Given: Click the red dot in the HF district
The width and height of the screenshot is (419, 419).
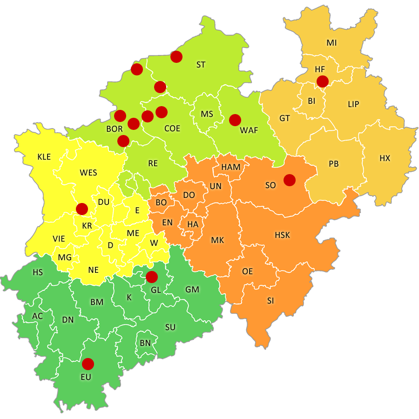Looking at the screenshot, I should (x=322, y=81).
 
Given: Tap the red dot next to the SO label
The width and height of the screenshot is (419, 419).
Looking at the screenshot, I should (x=290, y=180).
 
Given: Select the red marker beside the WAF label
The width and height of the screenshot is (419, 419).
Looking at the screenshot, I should (x=235, y=120).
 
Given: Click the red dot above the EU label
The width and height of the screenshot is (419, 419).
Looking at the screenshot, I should (x=88, y=364).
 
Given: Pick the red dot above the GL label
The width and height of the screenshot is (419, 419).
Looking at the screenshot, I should (x=151, y=277).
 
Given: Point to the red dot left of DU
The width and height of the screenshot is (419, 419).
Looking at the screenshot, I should (x=82, y=209).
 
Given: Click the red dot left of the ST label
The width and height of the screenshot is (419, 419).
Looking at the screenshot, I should (x=176, y=57).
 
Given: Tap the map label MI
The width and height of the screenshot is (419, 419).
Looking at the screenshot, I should (x=331, y=43).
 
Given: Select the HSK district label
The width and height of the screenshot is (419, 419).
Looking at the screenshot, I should (x=282, y=235).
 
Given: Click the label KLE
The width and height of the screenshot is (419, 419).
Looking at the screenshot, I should (x=44, y=157).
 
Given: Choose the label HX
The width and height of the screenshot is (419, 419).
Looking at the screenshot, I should (x=385, y=158).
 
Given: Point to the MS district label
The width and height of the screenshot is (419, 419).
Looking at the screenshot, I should (x=207, y=114).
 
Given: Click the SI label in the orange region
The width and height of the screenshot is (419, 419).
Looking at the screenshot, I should (x=270, y=301).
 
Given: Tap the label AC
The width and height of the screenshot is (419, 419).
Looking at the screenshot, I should (x=37, y=316).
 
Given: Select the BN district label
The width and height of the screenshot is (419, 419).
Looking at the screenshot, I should (x=145, y=343).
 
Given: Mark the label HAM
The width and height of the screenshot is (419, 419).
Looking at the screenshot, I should (x=231, y=167).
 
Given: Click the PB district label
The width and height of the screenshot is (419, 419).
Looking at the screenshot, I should (x=333, y=164).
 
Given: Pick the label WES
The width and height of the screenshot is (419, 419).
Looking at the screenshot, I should (x=88, y=173).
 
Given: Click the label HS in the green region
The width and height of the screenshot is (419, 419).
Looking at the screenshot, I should (x=37, y=272).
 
